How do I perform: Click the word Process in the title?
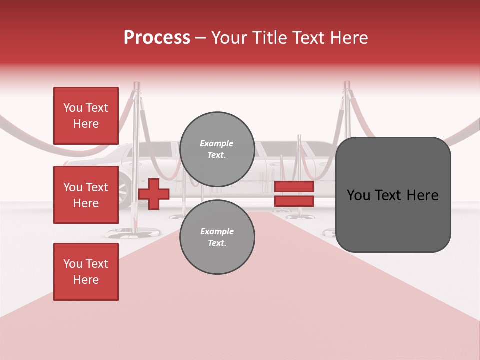(x=157, y=38)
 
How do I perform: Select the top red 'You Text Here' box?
(x=86, y=116)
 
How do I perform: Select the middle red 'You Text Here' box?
(x=86, y=195)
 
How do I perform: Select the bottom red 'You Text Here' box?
(x=86, y=272)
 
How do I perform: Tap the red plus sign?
(x=154, y=194)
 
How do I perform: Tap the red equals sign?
(x=294, y=194)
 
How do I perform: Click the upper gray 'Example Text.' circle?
(x=217, y=149)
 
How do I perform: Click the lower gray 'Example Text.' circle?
(x=217, y=237)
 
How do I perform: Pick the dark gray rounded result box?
(x=393, y=195)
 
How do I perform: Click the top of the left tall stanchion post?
(x=137, y=86)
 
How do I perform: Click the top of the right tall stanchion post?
(x=346, y=85)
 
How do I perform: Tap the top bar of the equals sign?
(x=294, y=186)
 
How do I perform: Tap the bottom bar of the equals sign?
(x=294, y=201)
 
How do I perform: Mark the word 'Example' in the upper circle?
(x=217, y=143)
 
